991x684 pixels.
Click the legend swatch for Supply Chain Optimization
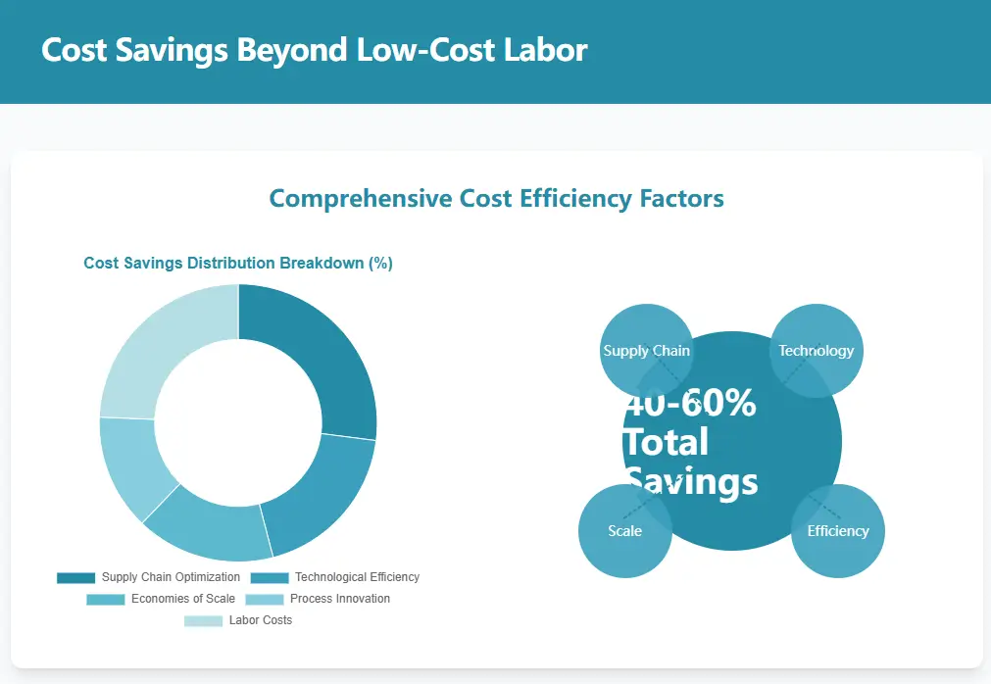(75, 577)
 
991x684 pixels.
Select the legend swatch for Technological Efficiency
(270, 577)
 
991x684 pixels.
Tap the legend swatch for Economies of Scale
(105, 599)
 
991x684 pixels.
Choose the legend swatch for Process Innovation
(264, 599)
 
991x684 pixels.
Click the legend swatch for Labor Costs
(203, 620)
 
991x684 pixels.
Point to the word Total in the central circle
(667, 442)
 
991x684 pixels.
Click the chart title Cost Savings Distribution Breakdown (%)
(238, 264)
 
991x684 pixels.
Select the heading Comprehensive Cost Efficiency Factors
(496, 199)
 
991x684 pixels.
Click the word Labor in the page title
(546, 50)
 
